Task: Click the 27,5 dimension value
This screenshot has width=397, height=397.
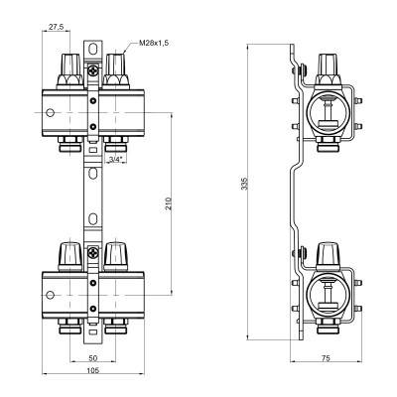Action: click(x=56, y=27)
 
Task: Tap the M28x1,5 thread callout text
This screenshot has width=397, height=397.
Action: click(x=154, y=43)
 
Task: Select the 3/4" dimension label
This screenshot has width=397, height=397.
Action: click(x=116, y=160)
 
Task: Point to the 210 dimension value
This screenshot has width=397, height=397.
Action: click(x=168, y=203)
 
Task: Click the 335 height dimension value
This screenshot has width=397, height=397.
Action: click(x=244, y=184)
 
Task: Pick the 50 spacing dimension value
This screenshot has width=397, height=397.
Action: click(x=93, y=358)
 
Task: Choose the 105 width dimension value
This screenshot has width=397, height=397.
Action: click(x=93, y=370)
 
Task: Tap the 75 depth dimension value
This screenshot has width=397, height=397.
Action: click(x=326, y=358)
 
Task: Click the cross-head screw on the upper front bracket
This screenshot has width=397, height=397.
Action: click(x=93, y=70)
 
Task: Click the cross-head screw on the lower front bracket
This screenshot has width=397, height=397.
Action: click(x=93, y=254)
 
